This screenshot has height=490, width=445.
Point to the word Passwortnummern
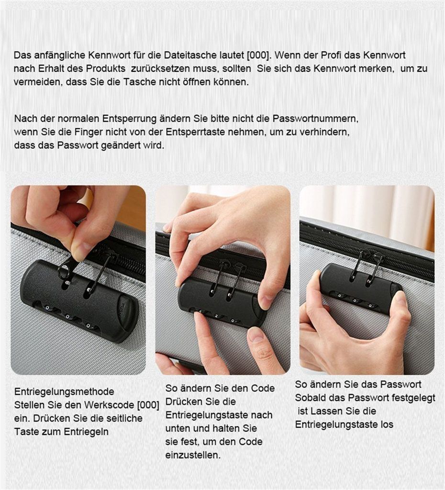315,119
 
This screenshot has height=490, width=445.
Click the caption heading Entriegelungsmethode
64,391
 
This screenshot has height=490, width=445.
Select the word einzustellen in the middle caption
193,455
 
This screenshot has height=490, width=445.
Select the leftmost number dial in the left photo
47,308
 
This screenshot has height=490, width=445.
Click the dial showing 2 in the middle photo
217,316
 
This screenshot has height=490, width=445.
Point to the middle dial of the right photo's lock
355,300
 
